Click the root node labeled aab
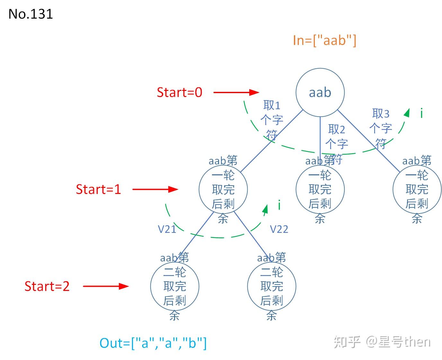(320, 92)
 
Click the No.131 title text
(31, 14)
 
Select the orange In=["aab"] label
(324, 40)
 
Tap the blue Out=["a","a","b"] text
(153, 343)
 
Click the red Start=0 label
(179, 92)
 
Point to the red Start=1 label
(98, 189)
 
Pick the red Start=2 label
(47, 286)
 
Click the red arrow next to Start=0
(236, 92)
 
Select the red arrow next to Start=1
(155, 189)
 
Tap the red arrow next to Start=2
(106, 286)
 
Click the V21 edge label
(167, 229)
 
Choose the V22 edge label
(279, 229)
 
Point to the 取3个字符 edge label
(381, 128)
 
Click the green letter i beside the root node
(421, 113)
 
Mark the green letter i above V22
(279, 205)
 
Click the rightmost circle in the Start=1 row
(417, 189)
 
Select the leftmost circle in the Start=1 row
(223, 189)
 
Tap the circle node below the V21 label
(175, 286)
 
